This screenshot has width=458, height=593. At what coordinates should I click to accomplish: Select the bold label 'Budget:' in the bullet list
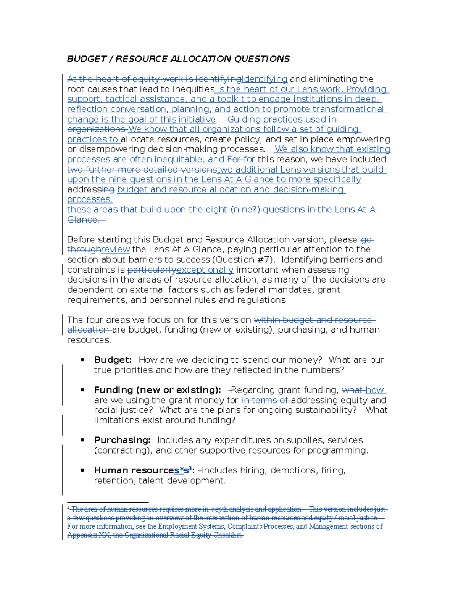tap(113, 360)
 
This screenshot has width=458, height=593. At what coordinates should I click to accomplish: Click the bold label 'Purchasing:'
tap(122, 440)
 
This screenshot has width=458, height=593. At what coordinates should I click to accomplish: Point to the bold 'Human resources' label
tap(134, 470)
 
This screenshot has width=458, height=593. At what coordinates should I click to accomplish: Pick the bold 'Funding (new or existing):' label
tap(157, 390)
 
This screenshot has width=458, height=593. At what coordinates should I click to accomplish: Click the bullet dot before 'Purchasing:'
tap(82, 440)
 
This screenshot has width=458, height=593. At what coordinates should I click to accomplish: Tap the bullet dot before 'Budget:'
tap(82, 360)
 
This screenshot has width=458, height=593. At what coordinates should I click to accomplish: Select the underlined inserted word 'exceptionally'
tap(205, 270)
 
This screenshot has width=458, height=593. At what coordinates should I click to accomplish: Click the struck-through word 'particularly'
tap(152, 270)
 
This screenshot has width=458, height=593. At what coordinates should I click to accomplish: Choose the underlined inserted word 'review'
tap(115, 249)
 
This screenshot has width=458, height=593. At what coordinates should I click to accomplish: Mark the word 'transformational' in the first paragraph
tap(348, 109)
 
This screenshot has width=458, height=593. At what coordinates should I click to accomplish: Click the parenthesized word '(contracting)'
tap(123, 450)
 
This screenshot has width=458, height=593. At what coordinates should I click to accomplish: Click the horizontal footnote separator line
tap(108, 503)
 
